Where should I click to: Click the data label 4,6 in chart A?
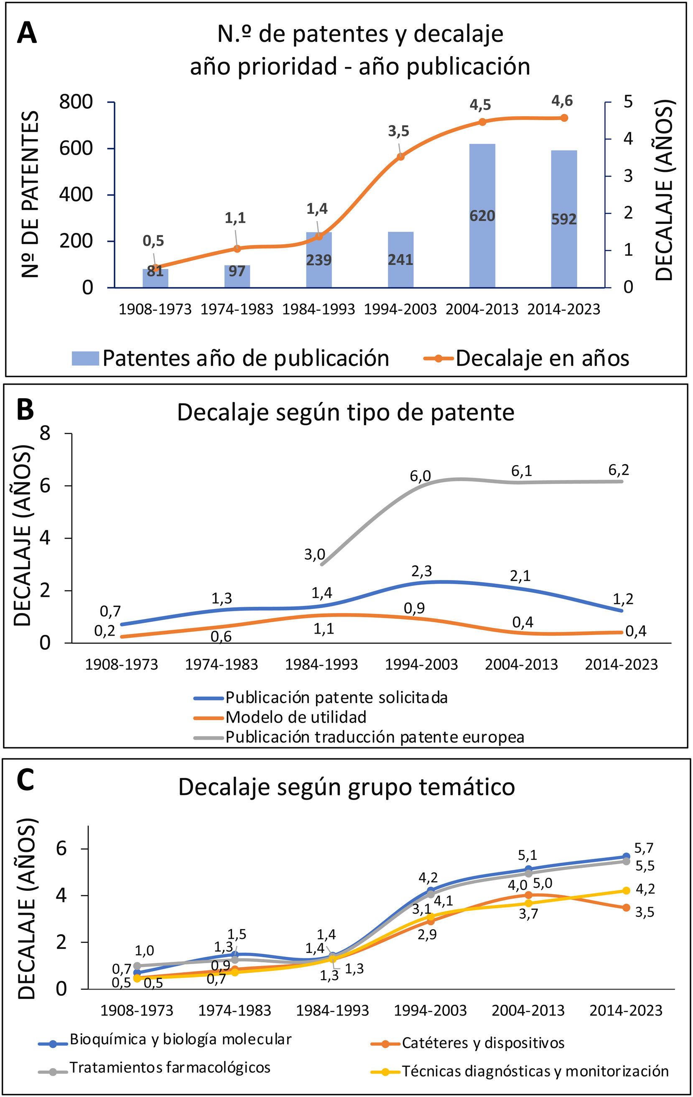click(562, 101)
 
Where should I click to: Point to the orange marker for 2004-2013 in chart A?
click(483, 122)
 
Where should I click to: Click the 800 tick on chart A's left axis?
click(76, 102)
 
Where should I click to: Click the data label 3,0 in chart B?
click(315, 555)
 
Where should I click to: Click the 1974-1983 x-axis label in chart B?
click(221, 664)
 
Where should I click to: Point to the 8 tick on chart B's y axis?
click(45, 433)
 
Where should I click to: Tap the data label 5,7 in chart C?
click(643, 848)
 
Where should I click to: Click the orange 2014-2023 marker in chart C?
click(626, 908)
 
